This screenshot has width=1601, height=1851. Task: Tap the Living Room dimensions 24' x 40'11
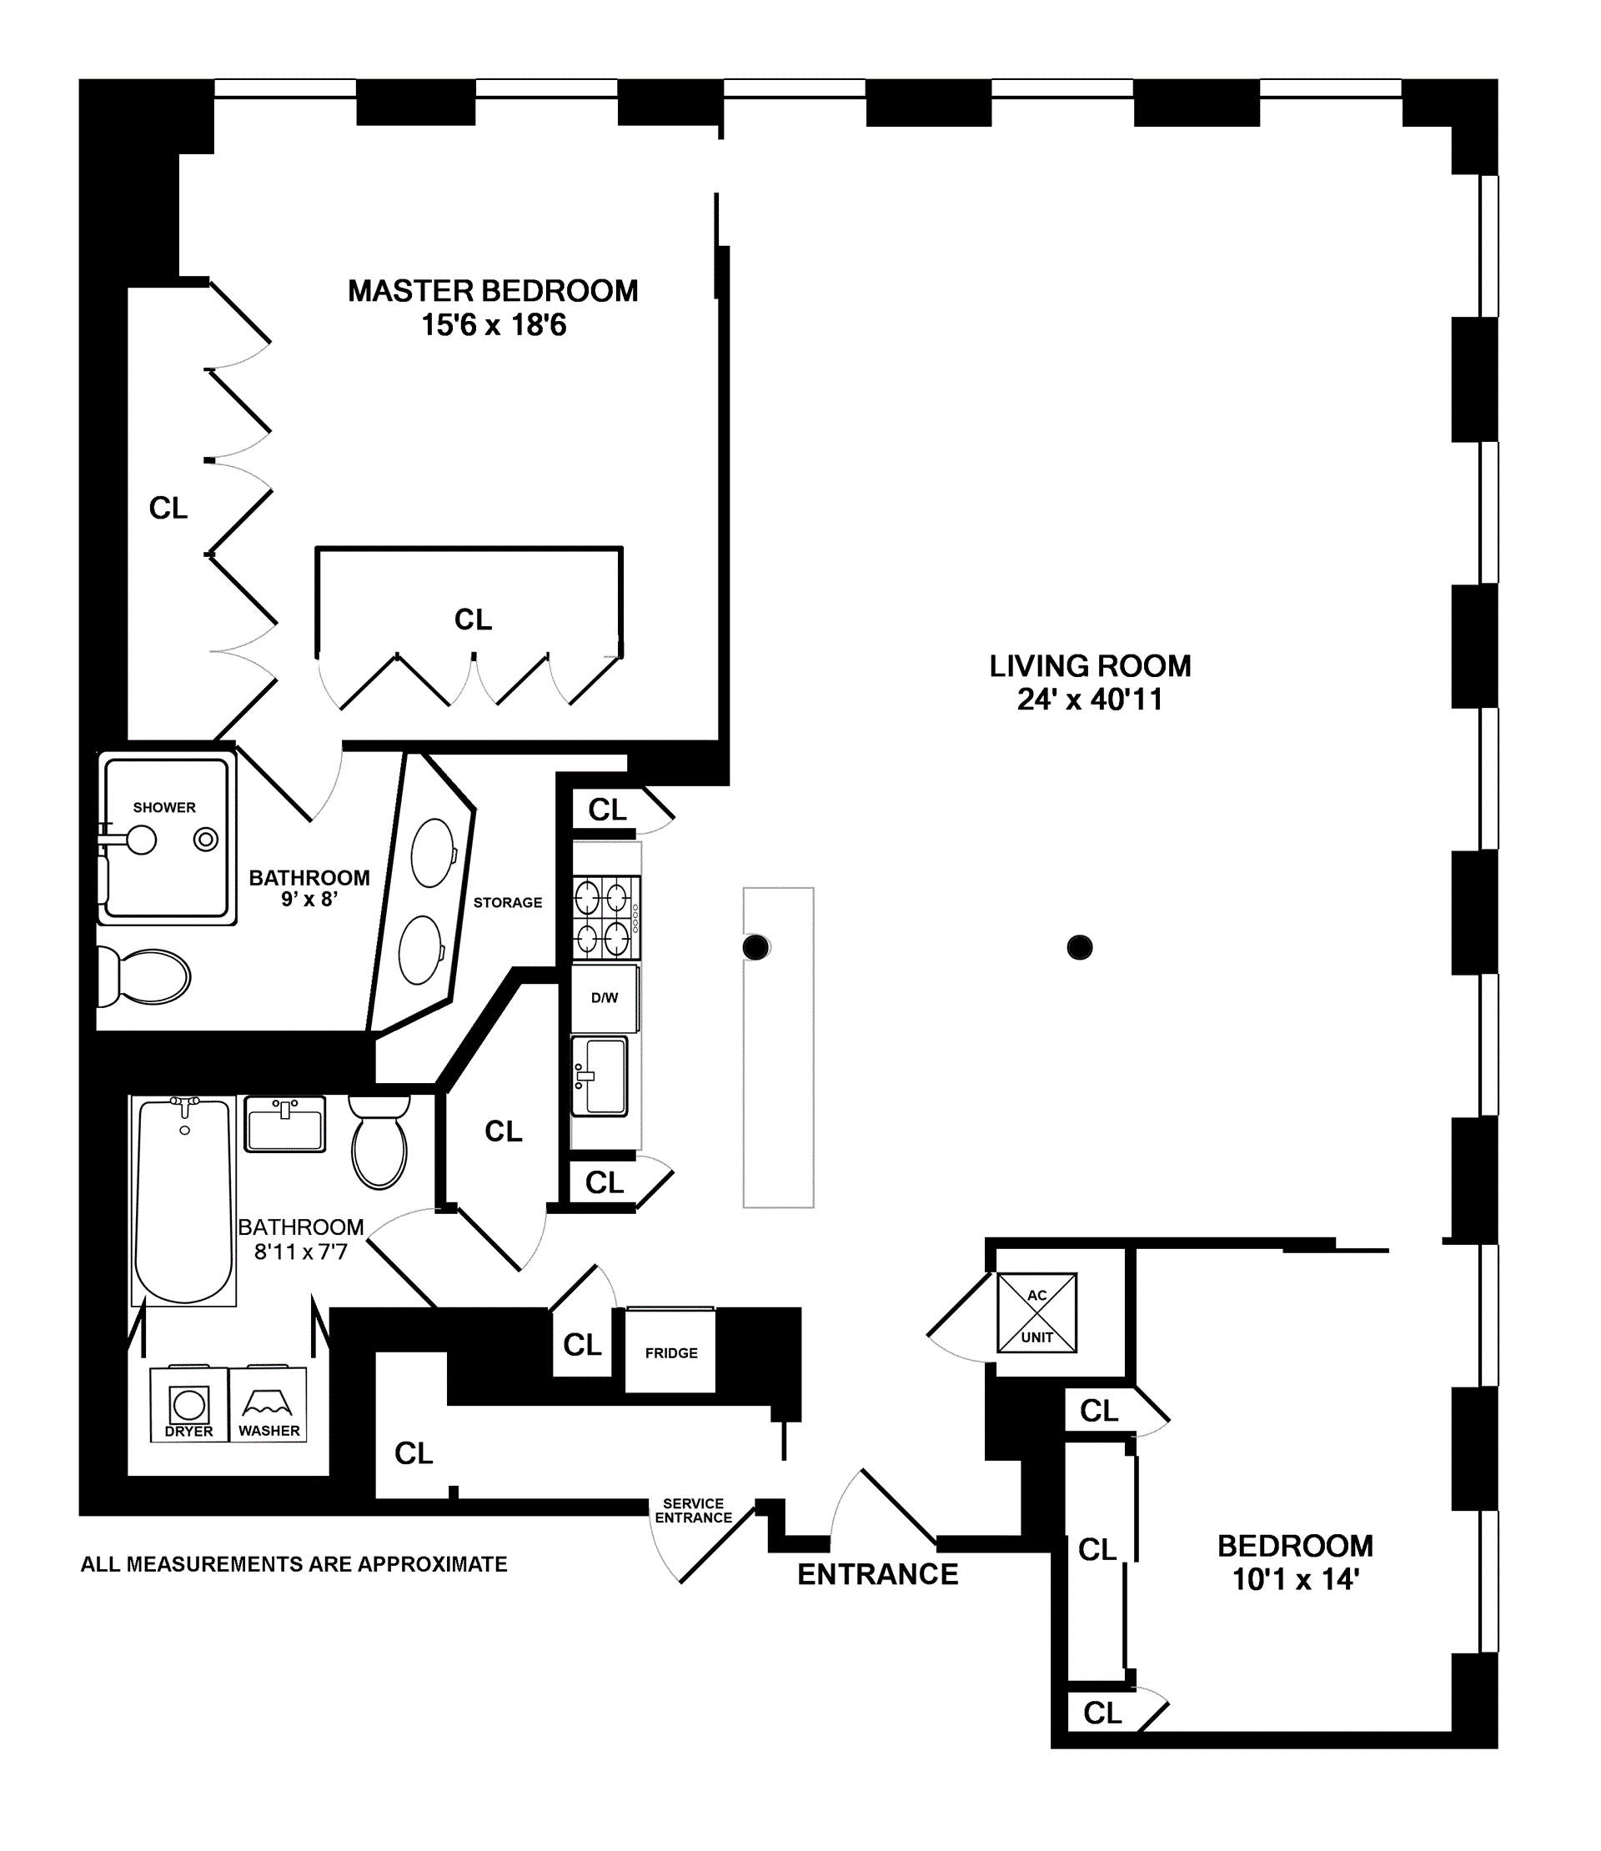[1089, 700]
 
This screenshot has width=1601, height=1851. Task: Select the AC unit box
[1036, 1313]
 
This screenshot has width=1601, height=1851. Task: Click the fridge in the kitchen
[670, 1352]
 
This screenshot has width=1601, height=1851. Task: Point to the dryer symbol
[188, 1404]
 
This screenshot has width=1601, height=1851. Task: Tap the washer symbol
[268, 1404]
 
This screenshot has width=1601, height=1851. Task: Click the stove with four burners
[605, 917]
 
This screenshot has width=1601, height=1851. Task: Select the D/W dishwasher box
[605, 998]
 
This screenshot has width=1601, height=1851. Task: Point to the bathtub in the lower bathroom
[184, 1201]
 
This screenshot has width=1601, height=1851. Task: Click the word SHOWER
[164, 808]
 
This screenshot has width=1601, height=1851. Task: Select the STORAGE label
[508, 902]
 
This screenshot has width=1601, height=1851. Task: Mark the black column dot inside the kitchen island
[755, 947]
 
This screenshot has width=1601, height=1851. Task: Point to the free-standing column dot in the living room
[1079, 947]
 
